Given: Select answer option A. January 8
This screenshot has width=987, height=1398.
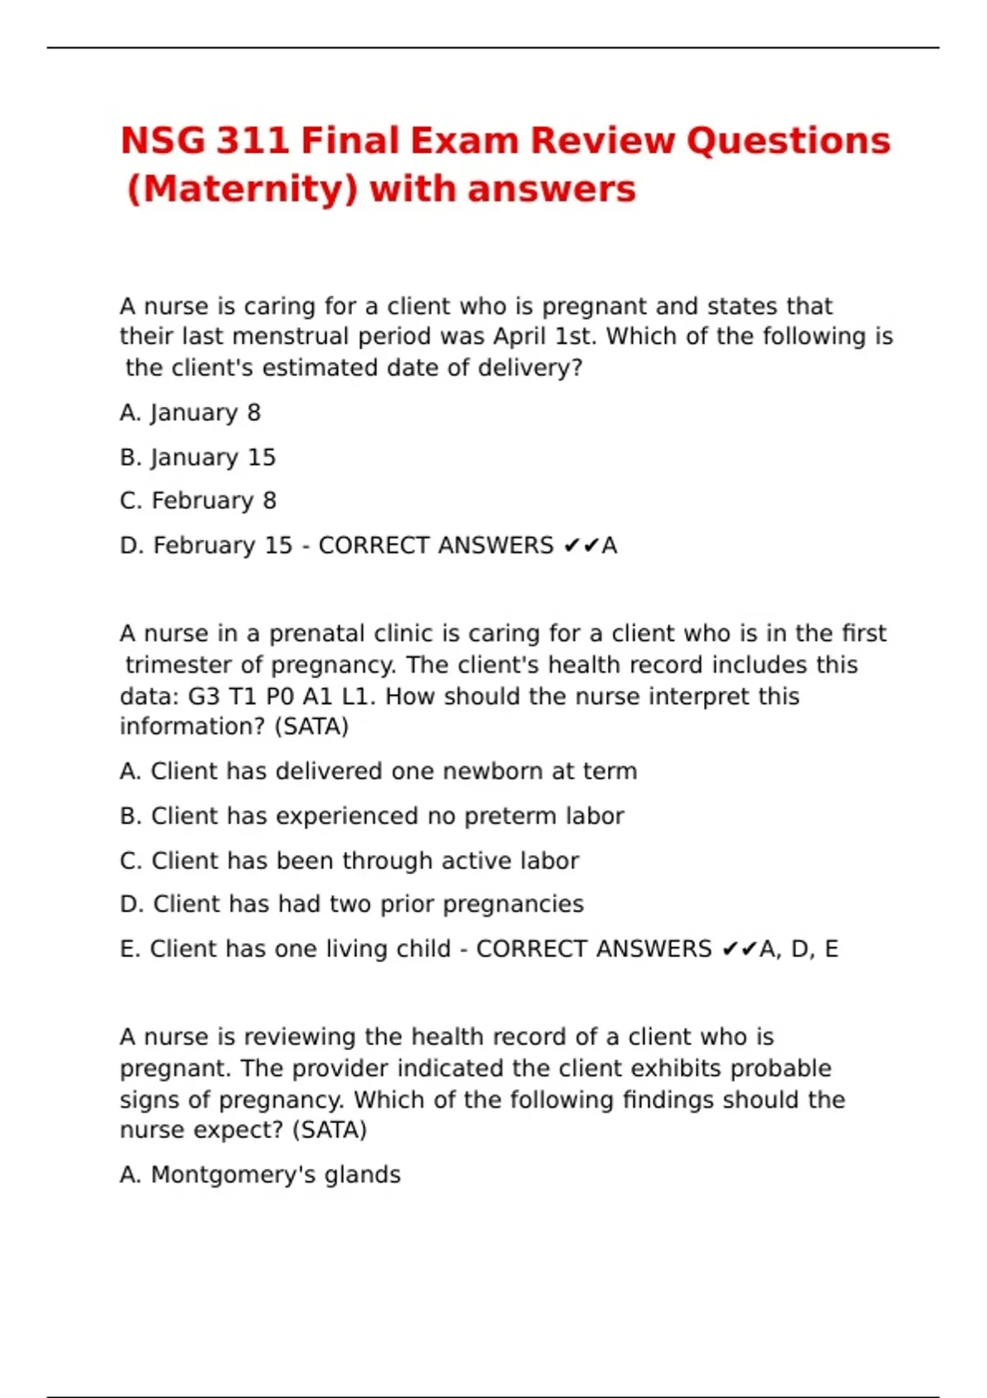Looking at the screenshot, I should point(190,413).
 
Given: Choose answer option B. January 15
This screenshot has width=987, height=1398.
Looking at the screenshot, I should point(197,457).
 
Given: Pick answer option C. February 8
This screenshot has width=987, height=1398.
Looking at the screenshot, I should point(197,501).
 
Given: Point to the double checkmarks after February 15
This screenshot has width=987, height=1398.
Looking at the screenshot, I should point(581,546).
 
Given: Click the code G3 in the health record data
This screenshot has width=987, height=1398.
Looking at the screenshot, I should point(204,697).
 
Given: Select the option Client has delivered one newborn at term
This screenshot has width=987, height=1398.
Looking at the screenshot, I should point(378,771).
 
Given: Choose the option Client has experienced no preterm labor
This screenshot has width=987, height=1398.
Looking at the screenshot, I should point(372,816).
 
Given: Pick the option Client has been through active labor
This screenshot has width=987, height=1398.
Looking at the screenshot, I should point(350,861).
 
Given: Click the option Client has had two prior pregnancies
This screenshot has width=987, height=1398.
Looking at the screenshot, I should point(352,905).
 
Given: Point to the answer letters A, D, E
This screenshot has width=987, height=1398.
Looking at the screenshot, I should point(798,949).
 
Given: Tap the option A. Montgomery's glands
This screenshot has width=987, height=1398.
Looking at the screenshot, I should point(260,1175).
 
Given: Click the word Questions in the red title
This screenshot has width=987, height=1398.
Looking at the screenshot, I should point(788,141).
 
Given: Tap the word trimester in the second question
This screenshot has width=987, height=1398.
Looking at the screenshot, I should point(179,665).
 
